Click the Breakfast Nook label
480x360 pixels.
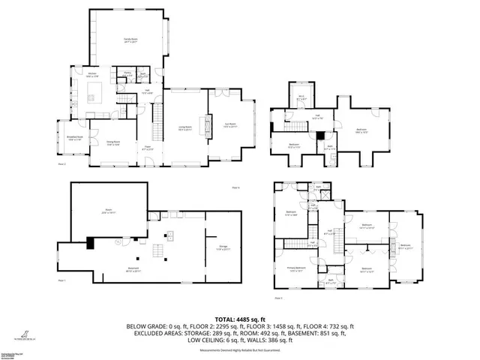[x=73, y=139]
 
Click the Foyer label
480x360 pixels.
[x=148, y=149]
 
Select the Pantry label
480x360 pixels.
[x=128, y=73]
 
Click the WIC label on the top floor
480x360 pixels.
[x=301, y=97]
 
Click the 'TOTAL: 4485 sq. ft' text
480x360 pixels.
[x=240, y=319]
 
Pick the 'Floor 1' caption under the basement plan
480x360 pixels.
[x=61, y=280]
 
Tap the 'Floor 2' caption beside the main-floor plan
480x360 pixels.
[x=62, y=163]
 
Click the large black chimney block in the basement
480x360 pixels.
[x=91, y=243]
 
